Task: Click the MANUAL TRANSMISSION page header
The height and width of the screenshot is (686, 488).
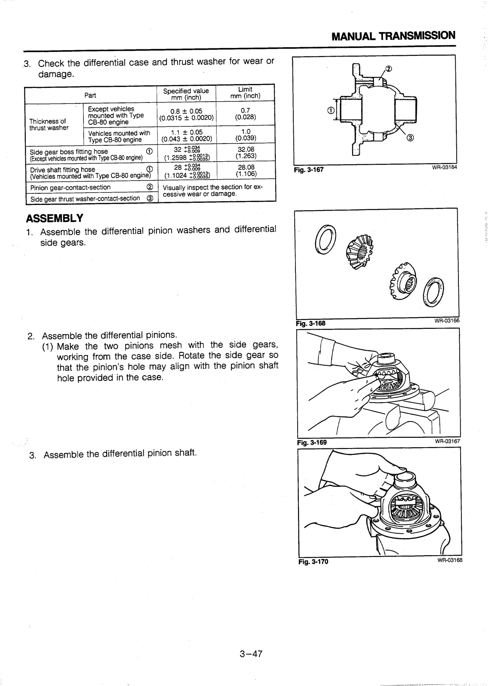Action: coord(393,36)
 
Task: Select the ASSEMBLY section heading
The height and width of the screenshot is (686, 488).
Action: coord(54,218)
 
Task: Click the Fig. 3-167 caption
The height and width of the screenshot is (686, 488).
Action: coord(308,170)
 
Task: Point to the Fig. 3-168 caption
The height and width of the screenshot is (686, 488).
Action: coord(311,324)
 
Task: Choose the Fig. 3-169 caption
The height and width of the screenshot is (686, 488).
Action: coord(312,442)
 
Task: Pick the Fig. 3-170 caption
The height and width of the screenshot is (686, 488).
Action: coord(313,562)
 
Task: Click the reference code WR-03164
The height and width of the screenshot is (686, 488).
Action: coord(445,168)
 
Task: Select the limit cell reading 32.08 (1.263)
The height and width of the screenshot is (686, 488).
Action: coord(246,153)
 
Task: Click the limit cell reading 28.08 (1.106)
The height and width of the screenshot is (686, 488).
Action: coord(246,170)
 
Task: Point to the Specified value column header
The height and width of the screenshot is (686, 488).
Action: coord(186,93)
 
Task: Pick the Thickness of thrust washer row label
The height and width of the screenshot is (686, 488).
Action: coord(48,124)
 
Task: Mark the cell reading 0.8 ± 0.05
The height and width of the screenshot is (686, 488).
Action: coord(186,111)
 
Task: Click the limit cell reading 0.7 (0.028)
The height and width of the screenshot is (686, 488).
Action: coord(245,114)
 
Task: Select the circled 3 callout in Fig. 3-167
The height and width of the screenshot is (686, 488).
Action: coord(410,138)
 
